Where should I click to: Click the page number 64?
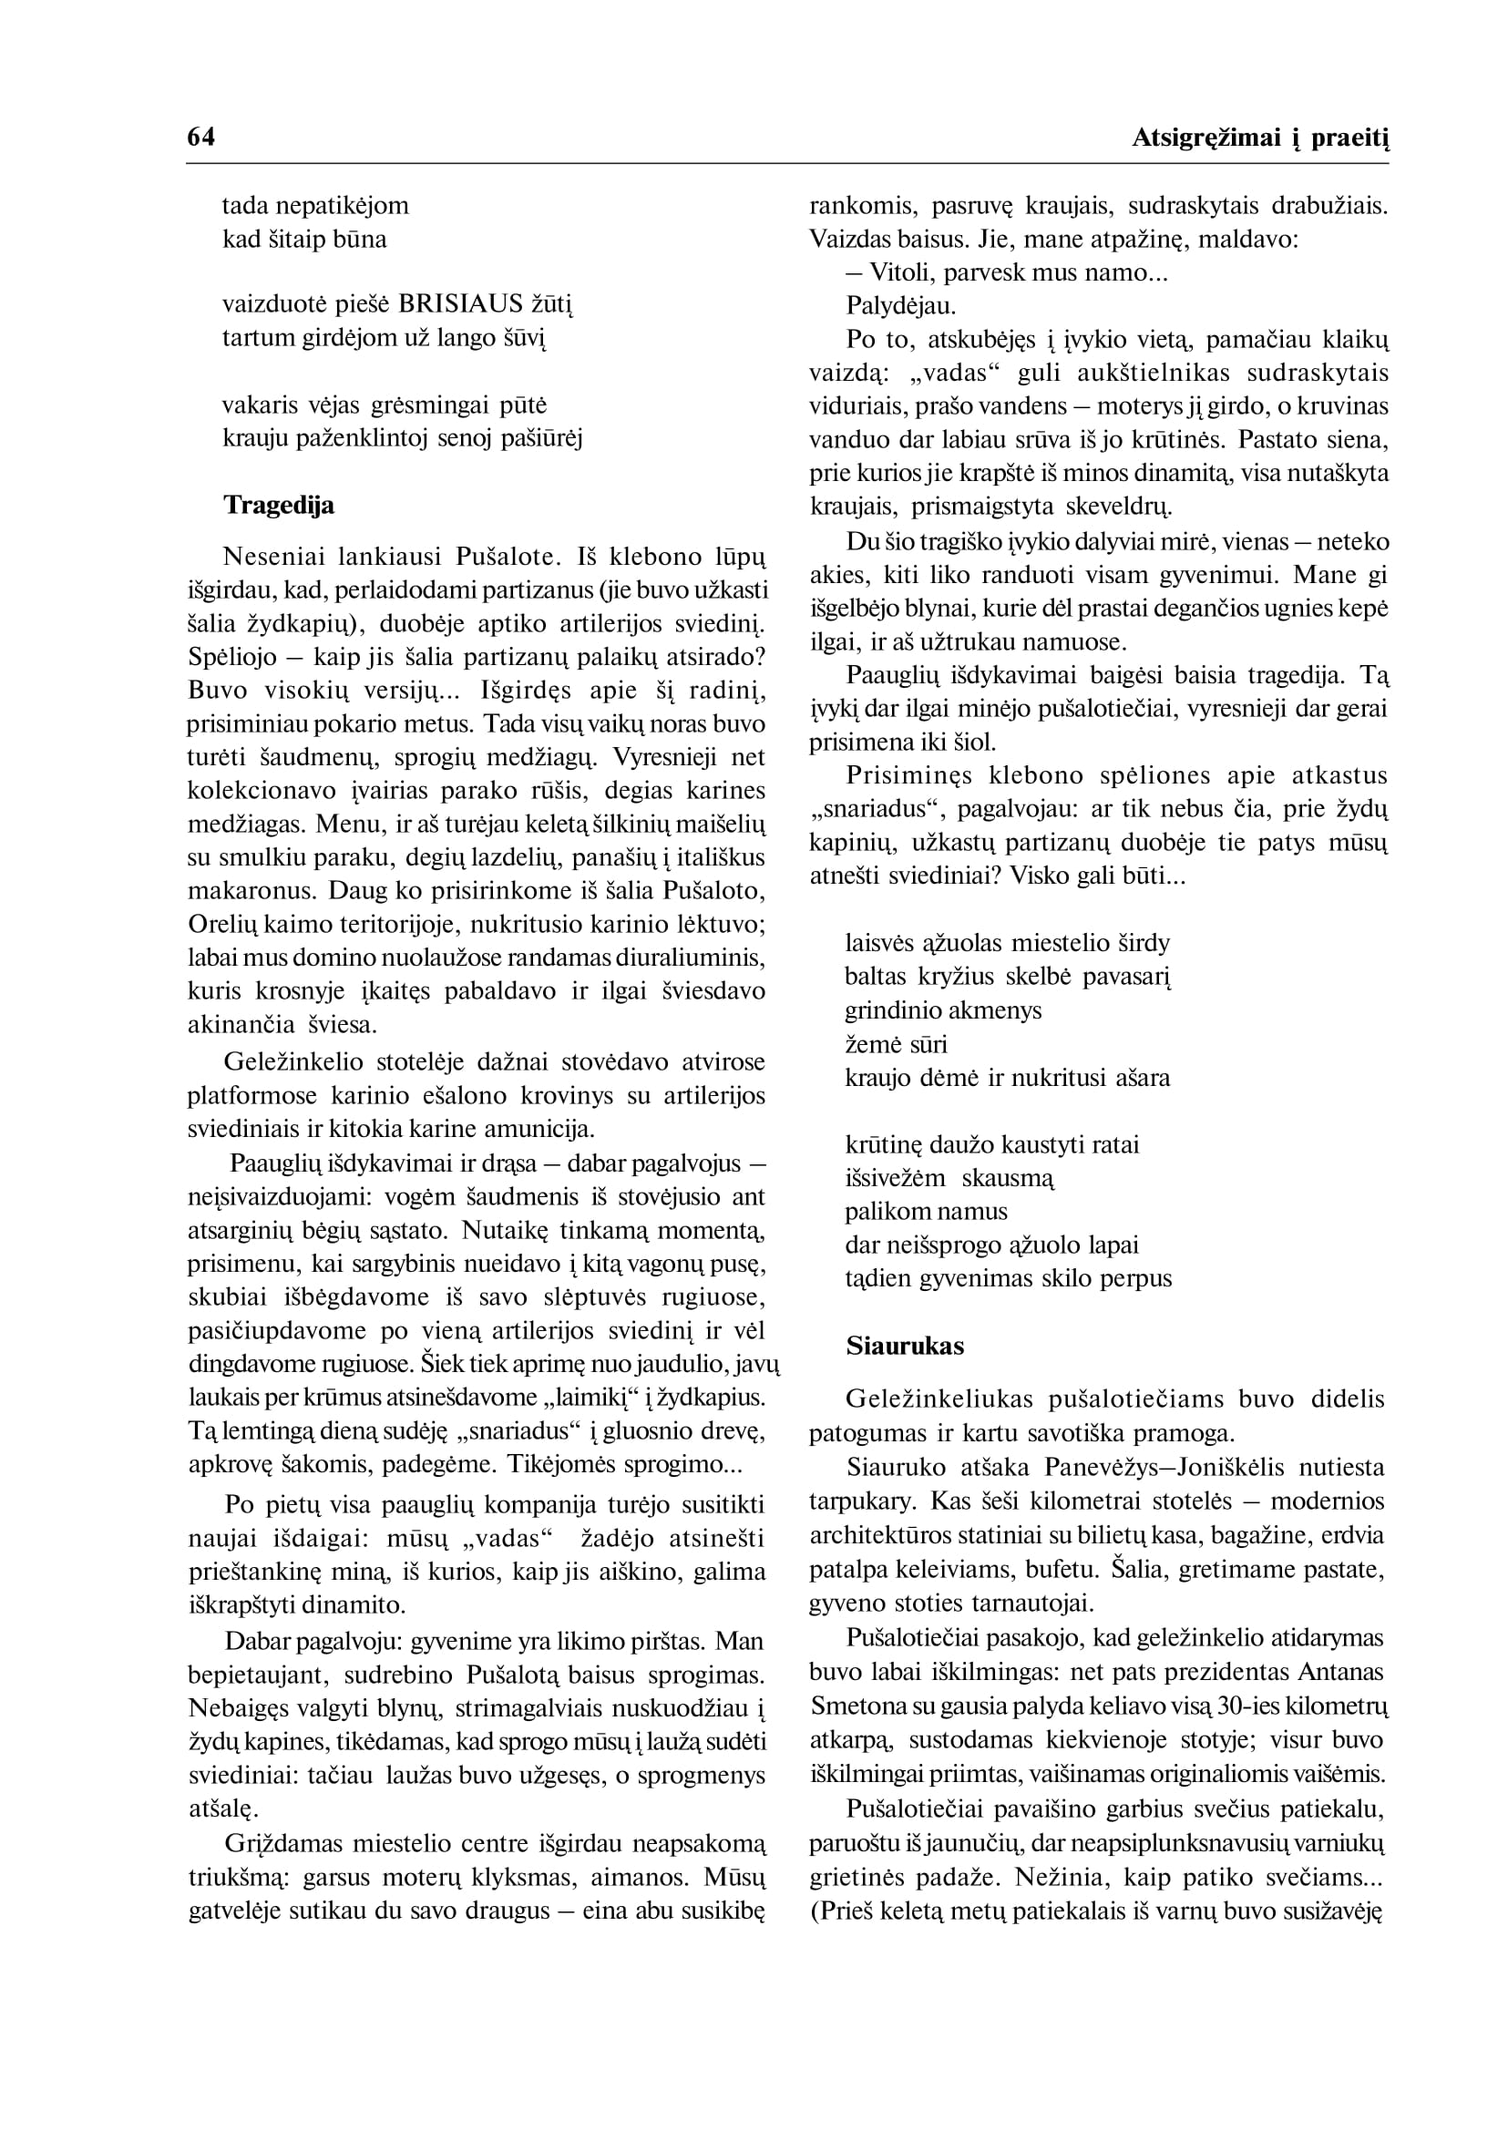200,138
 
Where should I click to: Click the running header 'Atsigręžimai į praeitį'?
1260,138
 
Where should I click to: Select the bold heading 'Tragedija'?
279,505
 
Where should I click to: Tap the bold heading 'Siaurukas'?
905,1347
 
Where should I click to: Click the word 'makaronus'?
243,891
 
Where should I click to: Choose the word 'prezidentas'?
1229,1673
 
